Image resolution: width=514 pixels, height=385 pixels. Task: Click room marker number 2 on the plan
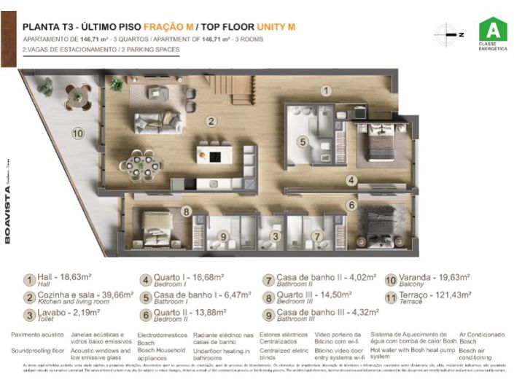tap(211, 121)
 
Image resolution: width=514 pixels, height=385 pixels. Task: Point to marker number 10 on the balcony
tap(77, 133)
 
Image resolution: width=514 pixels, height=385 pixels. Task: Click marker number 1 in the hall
tap(327, 91)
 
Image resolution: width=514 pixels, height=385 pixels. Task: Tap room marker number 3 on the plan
tap(275, 236)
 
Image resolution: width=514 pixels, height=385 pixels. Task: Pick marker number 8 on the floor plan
tap(186, 212)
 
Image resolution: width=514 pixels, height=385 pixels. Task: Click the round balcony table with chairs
tap(77, 95)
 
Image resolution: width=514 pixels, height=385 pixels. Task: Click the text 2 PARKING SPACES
tap(149, 50)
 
